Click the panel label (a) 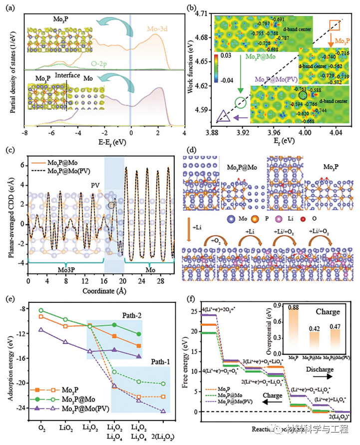click(x=10, y=7)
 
